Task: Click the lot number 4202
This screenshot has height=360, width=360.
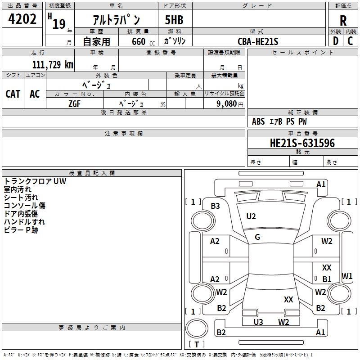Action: [x=22, y=19]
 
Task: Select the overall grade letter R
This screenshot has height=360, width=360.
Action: [x=343, y=20]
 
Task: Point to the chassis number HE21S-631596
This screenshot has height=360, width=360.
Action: [x=302, y=143]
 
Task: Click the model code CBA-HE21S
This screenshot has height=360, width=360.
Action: [x=258, y=41]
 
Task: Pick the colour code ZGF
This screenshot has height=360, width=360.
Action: [x=75, y=103]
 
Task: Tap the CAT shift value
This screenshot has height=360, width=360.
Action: [x=13, y=94]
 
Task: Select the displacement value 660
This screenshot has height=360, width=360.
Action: [x=139, y=41]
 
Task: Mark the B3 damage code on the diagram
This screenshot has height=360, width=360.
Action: [x=216, y=206]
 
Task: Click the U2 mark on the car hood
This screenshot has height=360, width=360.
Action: [x=251, y=216]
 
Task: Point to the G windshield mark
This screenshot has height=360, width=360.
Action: [x=257, y=237]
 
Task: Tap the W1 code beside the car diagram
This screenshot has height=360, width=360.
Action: [x=347, y=276]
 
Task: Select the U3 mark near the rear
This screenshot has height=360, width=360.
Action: [x=258, y=322]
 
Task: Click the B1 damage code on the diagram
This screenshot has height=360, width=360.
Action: [x=327, y=279]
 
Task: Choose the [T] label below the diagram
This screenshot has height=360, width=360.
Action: [x=197, y=344]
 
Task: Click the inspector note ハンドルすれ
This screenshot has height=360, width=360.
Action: [x=24, y=222]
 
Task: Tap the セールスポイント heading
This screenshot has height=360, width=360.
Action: [x=303, y=53]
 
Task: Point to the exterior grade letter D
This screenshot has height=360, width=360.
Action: [x=335, y=41]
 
